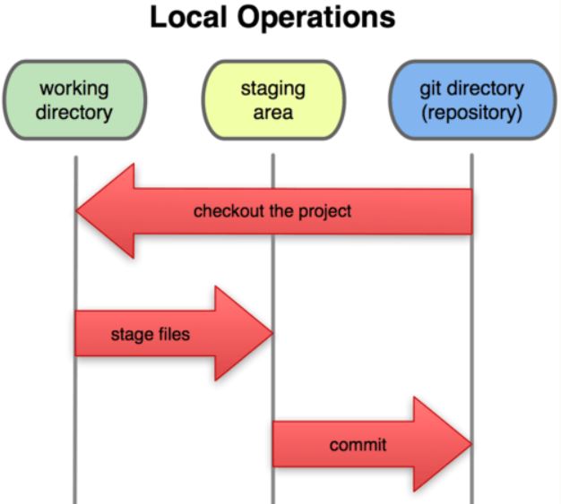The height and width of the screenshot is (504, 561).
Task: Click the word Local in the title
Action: tap(188, 17)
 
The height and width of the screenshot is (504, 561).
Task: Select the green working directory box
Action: tap(74, 100)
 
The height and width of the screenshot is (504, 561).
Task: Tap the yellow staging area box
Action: tap(273, 100)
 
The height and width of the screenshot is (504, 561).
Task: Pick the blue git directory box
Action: tap(472, 100)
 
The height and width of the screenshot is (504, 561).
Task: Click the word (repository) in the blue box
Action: tap(472, 113)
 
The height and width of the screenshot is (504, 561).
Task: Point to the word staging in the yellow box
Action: tap(273, 89)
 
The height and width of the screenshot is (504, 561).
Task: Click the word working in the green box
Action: tap(74, 89)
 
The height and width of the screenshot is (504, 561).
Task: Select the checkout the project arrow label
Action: tap(272, 211)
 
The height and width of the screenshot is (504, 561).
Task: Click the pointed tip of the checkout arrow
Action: tap(76, 211)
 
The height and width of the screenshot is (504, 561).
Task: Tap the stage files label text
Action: tap(151, 335)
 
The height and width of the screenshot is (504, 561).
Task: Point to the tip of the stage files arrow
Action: tap(273, 333)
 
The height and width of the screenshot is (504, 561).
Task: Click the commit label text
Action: tap(358, 445)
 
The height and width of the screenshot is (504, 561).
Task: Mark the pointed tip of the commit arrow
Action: tap(471, 444)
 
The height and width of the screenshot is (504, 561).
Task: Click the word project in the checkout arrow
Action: tap(325, 212)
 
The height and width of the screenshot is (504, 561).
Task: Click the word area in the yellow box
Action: tap(273, 114)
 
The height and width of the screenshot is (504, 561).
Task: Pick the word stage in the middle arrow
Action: tap(133, 336)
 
